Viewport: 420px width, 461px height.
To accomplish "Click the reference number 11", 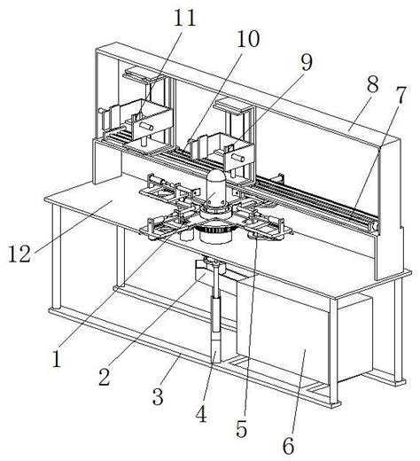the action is coord(185,18).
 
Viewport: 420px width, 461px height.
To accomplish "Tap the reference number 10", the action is coord(248,39).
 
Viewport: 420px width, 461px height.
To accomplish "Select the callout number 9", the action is coord(307,62).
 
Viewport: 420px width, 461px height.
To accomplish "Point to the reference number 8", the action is coord(373,83).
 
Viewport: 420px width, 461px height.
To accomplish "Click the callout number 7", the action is coord(401,95).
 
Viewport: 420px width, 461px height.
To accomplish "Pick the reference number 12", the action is coord(19,254).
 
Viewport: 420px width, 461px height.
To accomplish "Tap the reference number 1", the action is coord(56,358).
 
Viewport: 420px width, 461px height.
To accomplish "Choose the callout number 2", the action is coord(105,377).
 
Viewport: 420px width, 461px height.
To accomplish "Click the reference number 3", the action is coord(158,396).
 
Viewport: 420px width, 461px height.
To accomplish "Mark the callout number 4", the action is coord(201,414).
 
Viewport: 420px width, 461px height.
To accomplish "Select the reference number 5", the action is coord(242,429).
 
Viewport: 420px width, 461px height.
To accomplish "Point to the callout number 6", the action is coord(289,445).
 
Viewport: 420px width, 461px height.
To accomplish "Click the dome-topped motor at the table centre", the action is coord(215,189).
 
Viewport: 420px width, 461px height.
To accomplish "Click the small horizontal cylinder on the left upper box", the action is coord(146,127).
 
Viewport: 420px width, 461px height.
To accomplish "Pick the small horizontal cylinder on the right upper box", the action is coord(238,158).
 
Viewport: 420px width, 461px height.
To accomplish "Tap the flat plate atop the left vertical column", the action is coord(139,74).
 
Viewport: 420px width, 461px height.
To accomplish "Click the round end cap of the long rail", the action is coord(376,227).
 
